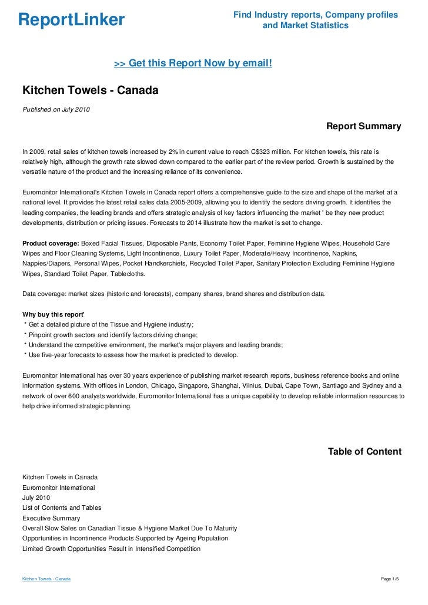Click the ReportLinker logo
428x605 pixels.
pyautogui.click(x=71, y=20)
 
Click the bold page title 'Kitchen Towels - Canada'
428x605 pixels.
pyautogui.click(x=91, y=92)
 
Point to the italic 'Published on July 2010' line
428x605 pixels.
pyautogui.click(x=56, y=109)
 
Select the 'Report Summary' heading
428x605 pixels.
pyautogui.click(x=363, y=126)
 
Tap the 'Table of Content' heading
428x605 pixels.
pyautogui.click(x=365, y=452)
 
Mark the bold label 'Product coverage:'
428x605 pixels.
pyautogui.click(x=51, y=243)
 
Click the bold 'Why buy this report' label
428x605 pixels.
pyautogui.click(x=53, y=314)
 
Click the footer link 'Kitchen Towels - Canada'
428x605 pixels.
pyautogui.click(x=46, y=579)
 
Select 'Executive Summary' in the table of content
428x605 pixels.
pyautogui.click(x=51, y=518)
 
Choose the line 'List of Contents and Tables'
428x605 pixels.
pyautogui.click(x=62, y=507)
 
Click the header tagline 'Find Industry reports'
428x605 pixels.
pyautogui.click(x=315, y=15)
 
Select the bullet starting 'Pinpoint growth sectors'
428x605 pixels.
pyautogui.click(x=113, y=335)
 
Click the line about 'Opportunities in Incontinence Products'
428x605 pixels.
pyautogui.click(x=125, y=538)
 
